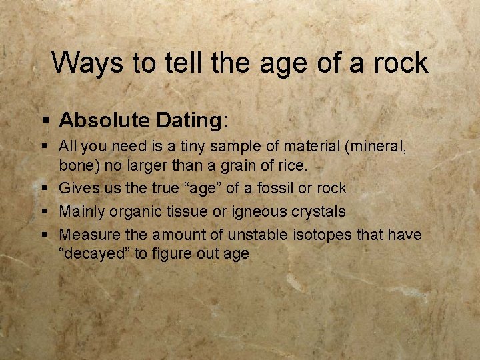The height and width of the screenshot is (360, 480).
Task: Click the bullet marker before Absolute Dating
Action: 45,121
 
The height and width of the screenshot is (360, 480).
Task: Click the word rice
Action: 292,164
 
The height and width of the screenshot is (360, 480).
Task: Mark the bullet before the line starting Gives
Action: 45,189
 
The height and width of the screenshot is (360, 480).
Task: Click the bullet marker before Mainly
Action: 45,212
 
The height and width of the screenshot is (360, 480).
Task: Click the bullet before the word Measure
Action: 45,235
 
